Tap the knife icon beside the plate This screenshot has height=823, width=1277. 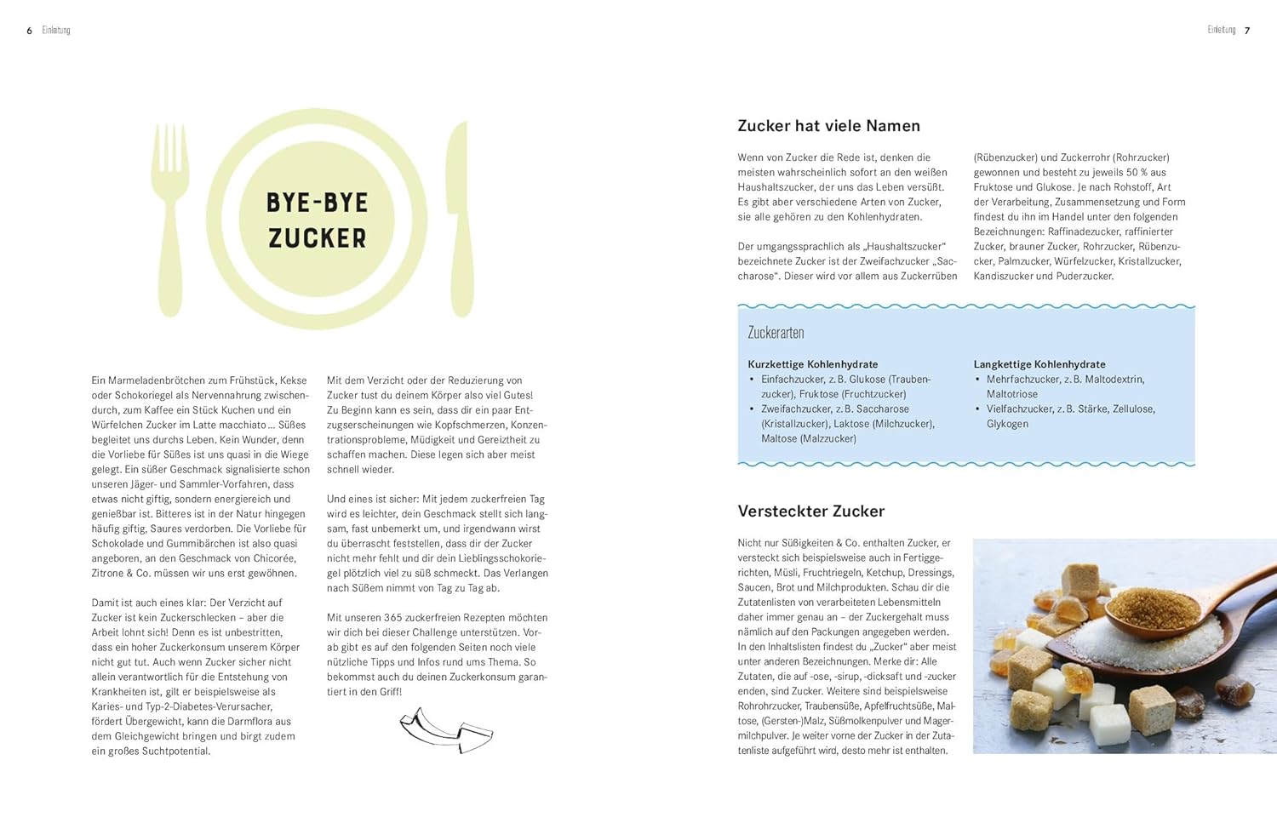[x=461, y=217]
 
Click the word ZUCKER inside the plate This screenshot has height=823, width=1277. [x=317, y=238]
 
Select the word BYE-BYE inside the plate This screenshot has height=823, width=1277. [x=317, y=203]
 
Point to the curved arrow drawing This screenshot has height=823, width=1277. [x=445, y=729]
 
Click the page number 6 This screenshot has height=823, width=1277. [x=30, y=31]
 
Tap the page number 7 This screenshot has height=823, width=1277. [x=1247, y=31]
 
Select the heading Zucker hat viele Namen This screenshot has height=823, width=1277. [x=828, y=126]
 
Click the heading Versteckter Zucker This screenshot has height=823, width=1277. [x=810, y=512]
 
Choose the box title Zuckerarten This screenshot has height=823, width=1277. [x=776, y=333]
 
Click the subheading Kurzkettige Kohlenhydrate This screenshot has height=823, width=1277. [x=812, y=364]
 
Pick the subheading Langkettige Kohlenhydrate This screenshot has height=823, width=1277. [x=1039, y=364]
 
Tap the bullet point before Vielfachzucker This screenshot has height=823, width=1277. [x=978, y=409]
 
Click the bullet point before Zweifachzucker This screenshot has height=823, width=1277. [x=752, y=409]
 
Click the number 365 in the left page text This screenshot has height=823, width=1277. [x=392, y=618]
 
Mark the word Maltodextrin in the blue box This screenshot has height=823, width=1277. [x=1114, y=380]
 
